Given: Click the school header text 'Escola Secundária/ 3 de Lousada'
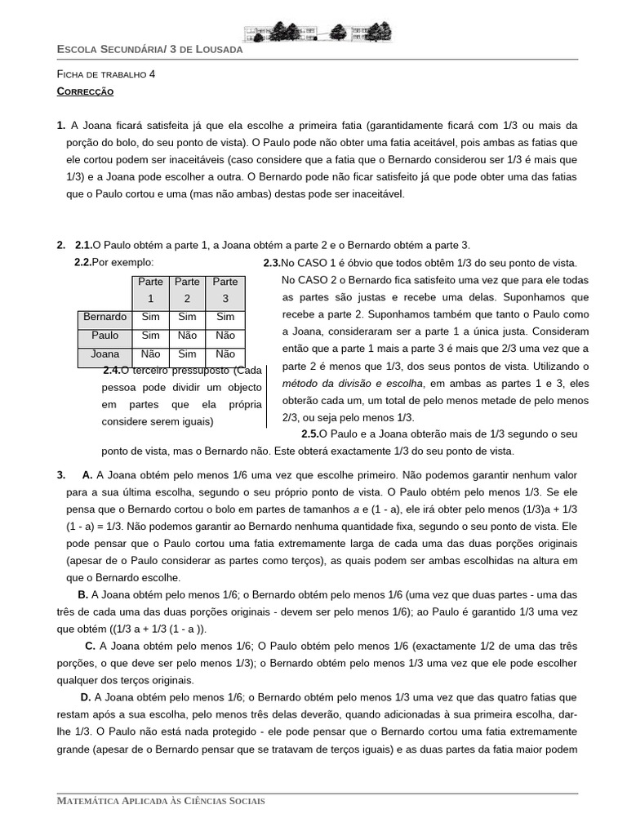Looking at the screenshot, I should coord(149,49).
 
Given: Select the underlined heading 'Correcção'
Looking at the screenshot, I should coord(85,92).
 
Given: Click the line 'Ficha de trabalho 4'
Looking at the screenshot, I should coord(105,73).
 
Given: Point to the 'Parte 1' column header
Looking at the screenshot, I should coord(149,290).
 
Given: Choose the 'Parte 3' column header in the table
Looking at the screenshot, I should coord(225,290).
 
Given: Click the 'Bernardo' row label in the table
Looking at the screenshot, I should coord(104,317).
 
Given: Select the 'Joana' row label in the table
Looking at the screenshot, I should coord(104,354).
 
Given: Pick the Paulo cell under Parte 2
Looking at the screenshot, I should coord(187,336).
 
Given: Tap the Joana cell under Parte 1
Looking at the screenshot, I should coord(150,354).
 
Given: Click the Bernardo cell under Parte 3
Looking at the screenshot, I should coord(225,317).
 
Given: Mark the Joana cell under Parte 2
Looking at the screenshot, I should coord(187,354).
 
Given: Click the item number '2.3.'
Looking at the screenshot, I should coord(272,263).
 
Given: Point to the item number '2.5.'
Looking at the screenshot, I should coord(309,434).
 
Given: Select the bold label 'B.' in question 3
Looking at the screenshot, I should coord(82,594).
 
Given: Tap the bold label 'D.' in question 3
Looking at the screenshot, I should coord(85,696).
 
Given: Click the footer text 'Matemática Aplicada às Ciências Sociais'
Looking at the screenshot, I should coord(161,801).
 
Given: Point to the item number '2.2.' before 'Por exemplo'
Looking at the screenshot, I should coord(82,263).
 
